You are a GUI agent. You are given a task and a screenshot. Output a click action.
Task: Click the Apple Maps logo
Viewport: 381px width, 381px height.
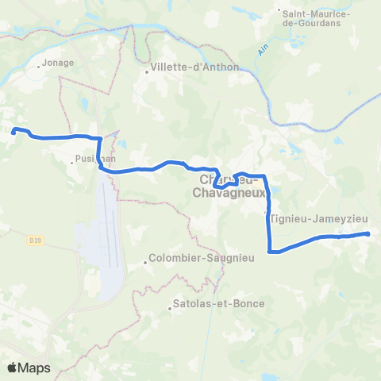[28, 368]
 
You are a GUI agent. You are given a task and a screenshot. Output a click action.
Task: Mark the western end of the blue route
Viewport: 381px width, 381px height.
[13, 132]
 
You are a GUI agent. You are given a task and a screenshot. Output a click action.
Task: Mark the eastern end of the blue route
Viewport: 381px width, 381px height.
[368, 233]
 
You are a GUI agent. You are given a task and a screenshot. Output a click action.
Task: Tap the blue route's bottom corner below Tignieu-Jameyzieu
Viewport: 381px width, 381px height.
[271, 252]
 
